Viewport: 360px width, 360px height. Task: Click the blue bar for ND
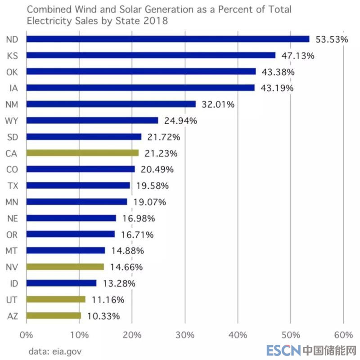point(167,39)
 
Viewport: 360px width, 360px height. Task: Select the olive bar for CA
point(82,153)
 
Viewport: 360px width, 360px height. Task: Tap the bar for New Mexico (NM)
point(111,104)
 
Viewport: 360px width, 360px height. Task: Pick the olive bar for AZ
point(54,316)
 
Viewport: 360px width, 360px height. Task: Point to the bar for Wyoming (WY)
point(92,121)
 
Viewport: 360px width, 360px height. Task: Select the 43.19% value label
point(277,88)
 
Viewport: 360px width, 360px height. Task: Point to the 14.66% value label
point(126,267)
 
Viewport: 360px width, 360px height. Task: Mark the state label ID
point(13,283)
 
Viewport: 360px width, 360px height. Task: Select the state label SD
point(13,137)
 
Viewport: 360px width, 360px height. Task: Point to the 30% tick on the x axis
point(185,335)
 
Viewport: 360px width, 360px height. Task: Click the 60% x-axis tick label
point(343,335)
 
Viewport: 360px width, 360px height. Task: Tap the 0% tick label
point(27,335)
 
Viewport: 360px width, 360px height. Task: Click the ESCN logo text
point(282,350)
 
